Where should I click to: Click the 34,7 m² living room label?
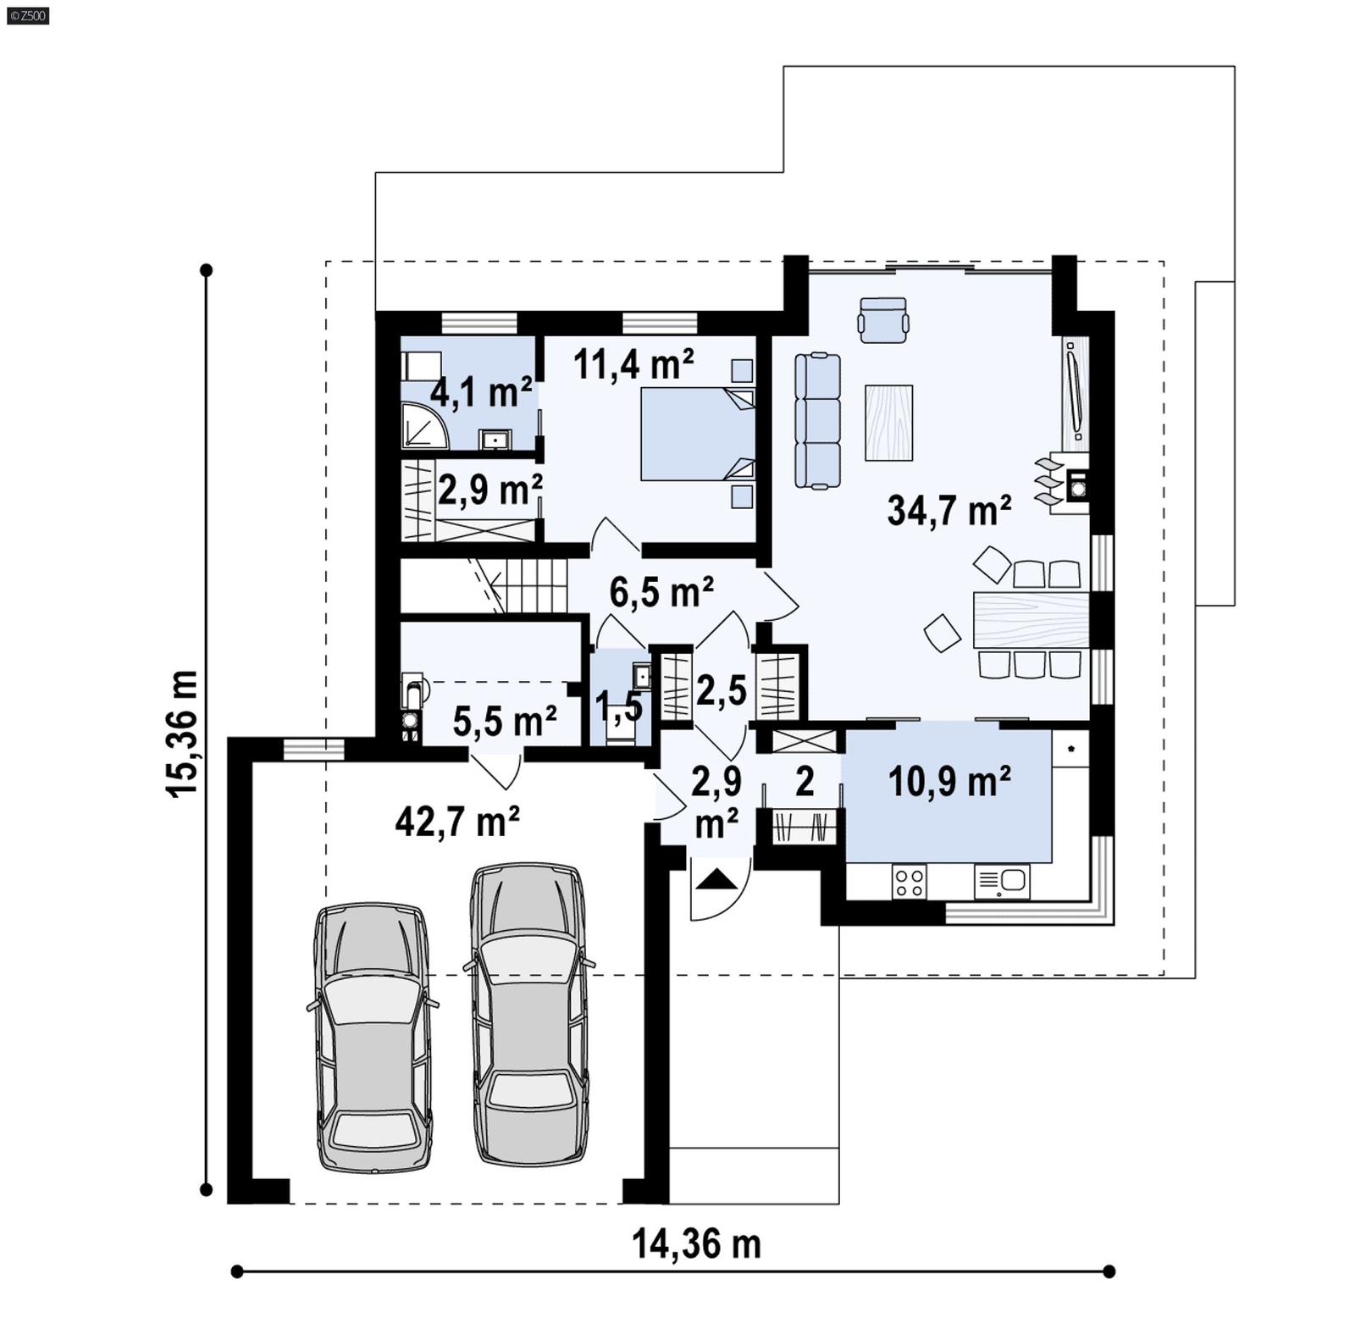point(948,511)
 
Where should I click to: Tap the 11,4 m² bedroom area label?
point(633,364)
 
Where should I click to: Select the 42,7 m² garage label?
point(457,821)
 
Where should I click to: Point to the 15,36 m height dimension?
point(183,733)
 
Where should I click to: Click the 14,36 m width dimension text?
point(696,1244)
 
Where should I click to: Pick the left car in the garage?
point(373,1038)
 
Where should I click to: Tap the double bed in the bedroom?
point(697,435)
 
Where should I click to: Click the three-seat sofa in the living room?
point(817,421)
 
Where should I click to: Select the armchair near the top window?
point(883,319)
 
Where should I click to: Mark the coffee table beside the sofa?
point(888,422)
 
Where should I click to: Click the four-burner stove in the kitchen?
point(910,882)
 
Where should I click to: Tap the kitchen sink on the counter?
point(1002,882)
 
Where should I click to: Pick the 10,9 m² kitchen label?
point(948,780)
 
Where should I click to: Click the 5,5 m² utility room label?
point(505,721)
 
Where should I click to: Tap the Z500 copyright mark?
point(27,14)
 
